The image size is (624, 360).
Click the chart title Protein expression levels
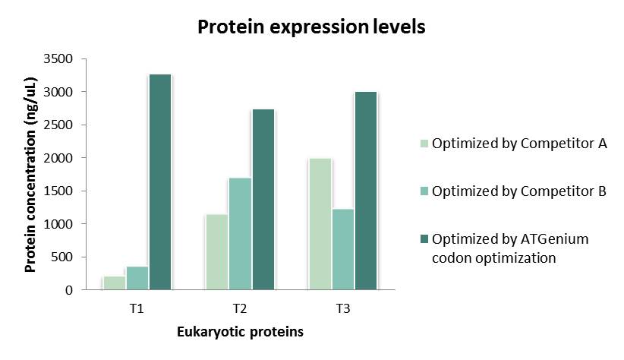tap(311, 27)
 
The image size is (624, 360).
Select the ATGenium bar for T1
tap(160, 182)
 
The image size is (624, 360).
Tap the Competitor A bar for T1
tap(114, 283)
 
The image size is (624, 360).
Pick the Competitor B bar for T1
tap(137, 278)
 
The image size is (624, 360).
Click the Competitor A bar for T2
tap(217, 252)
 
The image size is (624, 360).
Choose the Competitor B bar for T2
tap(240, 234)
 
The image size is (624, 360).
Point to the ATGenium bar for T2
tap(263, 200)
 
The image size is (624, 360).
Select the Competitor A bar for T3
tap(320, 224)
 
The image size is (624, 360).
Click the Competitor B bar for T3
tap(343, 249)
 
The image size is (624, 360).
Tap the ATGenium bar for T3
tap(366, 191)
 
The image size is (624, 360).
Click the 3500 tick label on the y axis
tap(58, 59)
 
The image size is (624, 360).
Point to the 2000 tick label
tap(58, 158)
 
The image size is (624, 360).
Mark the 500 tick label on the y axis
tap(62, 257)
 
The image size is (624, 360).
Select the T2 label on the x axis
tap(240, 308)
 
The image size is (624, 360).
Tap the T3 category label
tap(342, 308)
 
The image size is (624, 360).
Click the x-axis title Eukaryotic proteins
tap(240, 332)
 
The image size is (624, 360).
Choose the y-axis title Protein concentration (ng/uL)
tap(30, 175)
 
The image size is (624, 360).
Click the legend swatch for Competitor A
tap(424, 144)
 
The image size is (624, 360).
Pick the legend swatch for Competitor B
tap(424, 191)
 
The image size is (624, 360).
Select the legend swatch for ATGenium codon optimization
tap(424, 239)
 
